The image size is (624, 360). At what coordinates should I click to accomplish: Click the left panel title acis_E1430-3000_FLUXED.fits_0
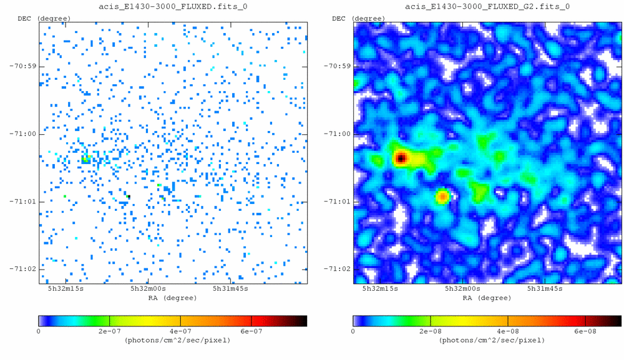tap(173, 6)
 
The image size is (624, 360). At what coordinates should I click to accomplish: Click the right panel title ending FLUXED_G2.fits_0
tap(488, 6)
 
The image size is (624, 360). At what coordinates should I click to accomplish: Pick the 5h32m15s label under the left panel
tap(66, 289)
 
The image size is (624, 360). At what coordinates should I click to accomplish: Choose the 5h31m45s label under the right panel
tap(545, 289)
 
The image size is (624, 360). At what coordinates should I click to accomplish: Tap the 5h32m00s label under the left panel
tap(148, 289)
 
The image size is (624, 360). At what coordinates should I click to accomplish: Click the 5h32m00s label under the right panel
tap(462, 289)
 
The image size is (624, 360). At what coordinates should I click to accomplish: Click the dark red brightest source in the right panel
tap(401, 158)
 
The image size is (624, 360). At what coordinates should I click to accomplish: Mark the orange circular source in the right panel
tap(442, 197)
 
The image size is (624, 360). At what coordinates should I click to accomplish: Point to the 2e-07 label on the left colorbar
tap(109, 331)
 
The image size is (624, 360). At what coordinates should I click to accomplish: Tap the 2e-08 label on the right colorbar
tap(430, 331)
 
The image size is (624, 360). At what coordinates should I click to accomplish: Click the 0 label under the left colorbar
tap(40, 331)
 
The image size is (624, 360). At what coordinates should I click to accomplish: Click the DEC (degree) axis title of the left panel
tap(43, 19)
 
